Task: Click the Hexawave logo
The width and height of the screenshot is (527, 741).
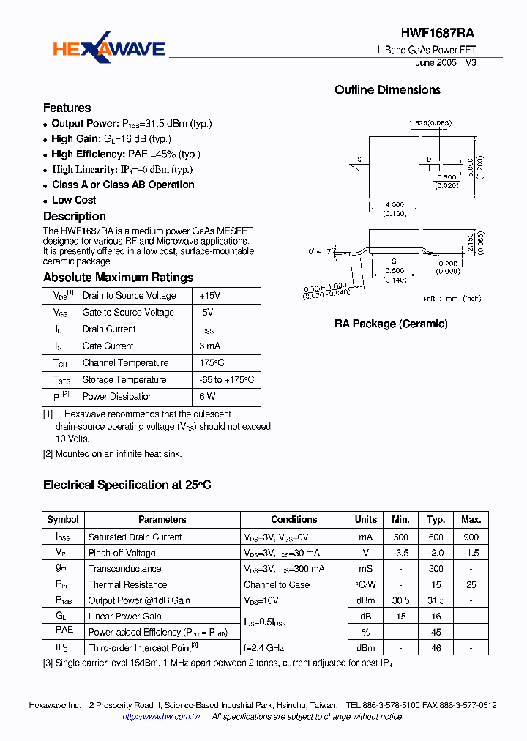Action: pos(108,49)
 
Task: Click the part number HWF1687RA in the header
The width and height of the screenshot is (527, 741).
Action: pos(438,33)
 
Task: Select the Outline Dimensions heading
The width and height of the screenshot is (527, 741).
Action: pos(387,89)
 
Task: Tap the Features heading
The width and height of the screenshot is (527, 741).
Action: pos(67,108)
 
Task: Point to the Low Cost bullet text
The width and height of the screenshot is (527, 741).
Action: pos(74,200)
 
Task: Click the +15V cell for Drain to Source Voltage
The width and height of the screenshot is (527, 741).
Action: pos(209,296)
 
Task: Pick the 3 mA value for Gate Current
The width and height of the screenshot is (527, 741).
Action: pos(211,346)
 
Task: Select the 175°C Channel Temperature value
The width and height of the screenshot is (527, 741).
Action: pos(212,363)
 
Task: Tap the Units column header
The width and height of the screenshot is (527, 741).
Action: pos(366,520)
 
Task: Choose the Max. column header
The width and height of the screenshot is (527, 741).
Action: pos(471,520)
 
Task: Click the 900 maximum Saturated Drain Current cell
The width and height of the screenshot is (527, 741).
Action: pos(471,537)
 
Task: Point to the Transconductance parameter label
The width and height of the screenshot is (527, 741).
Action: pos(124,569)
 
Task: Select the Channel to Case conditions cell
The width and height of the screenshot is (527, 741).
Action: pos(277,585)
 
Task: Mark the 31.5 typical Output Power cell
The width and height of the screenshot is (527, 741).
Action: pos(436,600)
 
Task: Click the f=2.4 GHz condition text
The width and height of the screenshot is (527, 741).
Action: pos(263,648)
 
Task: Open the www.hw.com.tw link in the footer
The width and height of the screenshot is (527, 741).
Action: pos(161,717)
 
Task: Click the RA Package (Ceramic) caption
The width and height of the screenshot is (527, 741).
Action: pos(391,324)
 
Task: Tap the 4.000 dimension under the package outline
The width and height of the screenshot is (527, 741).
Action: pos(394,204)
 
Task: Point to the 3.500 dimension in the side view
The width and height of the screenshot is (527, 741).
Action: pos(394,270)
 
